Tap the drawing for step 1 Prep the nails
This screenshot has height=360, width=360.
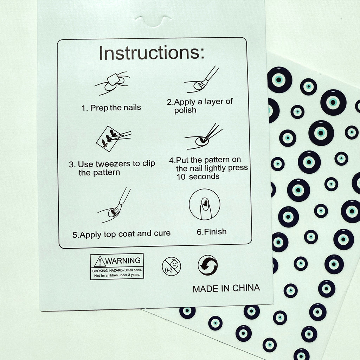coord(112,83)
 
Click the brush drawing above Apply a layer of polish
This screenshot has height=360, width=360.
coord(201,80)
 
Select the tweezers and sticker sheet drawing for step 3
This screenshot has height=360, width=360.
coord(114,139)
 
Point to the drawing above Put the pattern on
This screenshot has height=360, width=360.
coord(204,136)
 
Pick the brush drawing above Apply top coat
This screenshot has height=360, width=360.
coord(114,205)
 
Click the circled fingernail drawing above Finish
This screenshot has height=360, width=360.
coord(204,204)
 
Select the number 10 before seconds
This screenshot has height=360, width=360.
coord(181,177)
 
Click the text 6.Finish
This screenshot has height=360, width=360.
coord(211,232)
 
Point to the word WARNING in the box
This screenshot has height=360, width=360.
coord(123,261)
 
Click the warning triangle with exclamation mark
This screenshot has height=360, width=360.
coord(99,262)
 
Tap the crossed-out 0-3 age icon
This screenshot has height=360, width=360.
coord(171,266)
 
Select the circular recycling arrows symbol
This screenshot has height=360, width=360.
coord(208,265)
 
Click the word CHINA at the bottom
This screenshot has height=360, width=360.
coord(246,288)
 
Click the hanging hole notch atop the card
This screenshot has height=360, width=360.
coord(153,21)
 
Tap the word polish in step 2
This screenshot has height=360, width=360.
coord(185,110)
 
